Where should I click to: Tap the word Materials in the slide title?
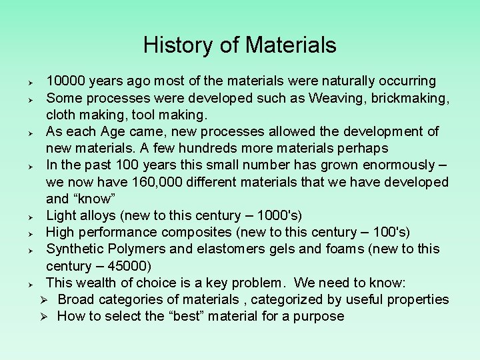(x=291, y=45)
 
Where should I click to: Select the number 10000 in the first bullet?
(x=65, y=81)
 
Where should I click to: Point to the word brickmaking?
(x=407, y=98)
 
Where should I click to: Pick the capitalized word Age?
(x=109, y=131)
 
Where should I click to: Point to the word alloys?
(x=99, y=215)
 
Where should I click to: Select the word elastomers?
(x=224, y=249)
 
